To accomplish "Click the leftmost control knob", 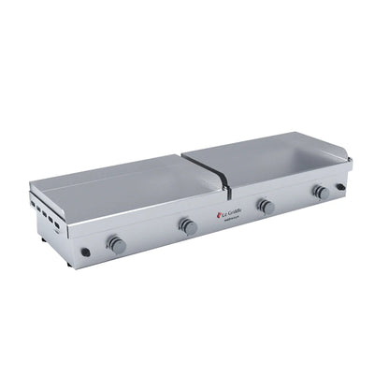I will coord(116,244).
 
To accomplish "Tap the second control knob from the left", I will coord(188,225).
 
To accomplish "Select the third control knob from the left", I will coord(267,206).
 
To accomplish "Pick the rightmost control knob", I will coord(320,192).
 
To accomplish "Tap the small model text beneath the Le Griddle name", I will coord(234,221).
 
